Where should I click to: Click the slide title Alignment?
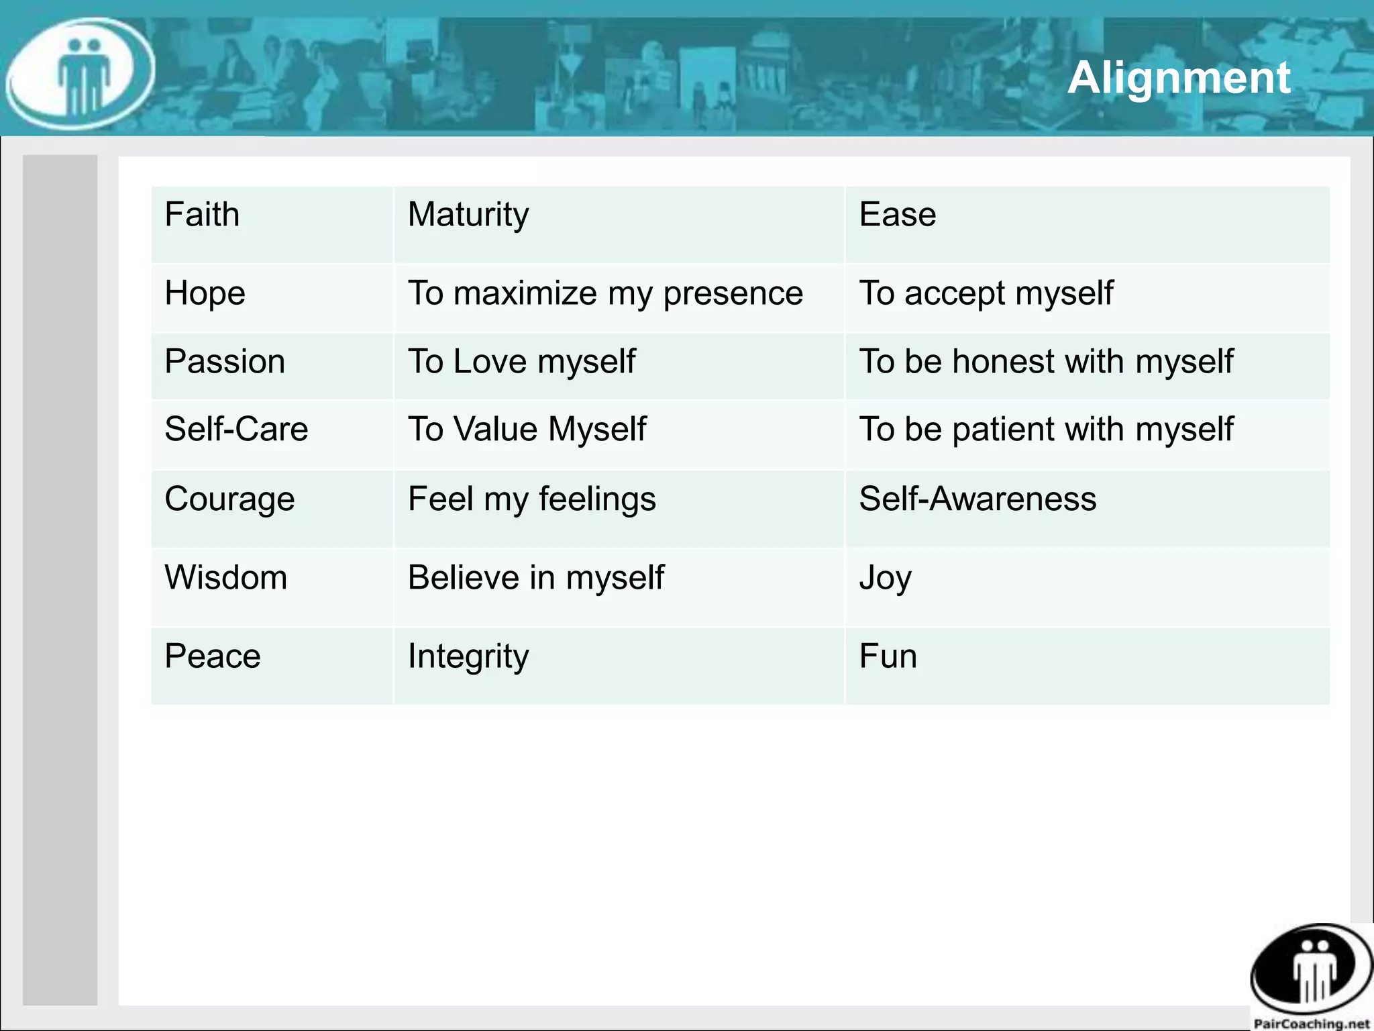(1178, 78)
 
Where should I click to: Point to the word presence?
(733, 294)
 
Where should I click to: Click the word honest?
(1004, 361)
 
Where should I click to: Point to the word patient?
(1004, 429)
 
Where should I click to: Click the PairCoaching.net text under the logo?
(1311, 1024)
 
